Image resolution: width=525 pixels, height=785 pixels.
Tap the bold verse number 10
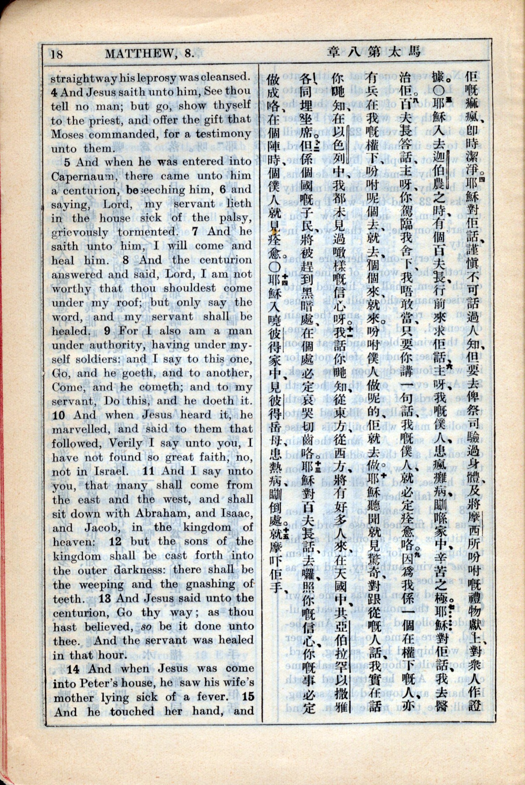59,415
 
